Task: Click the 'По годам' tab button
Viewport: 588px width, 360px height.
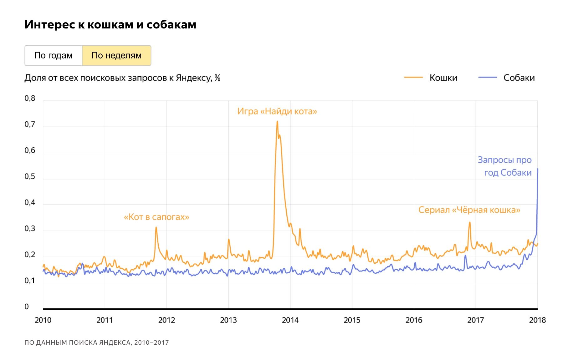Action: pyautogui.click(x=53, y=55)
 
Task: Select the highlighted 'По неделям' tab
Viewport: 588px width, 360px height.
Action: pyautogui.click(x=116, y=55)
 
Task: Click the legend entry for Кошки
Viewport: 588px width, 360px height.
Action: pyautogui.click(x=443, y=78)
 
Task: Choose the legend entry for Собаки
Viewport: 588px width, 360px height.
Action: pyautogui.click(x=519, y=78)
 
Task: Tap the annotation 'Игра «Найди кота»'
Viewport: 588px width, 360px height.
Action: pyautogui.click(x=277, y=111)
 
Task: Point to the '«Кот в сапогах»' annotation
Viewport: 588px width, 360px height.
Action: pyautogui.click(x=156, y=217)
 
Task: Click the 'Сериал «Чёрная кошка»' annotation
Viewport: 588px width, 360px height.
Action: pyautogui.click(x=469, y=210)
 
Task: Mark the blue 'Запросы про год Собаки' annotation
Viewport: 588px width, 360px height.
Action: pyautogui.click(x=504, y=166)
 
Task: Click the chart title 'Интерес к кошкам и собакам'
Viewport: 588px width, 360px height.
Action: pyautogui.click(x=110, y=24)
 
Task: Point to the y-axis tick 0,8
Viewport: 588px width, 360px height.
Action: pyautogui.click(x=30, y=99)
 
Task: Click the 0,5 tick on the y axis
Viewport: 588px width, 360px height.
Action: pyautogui.click(x=30, y=177)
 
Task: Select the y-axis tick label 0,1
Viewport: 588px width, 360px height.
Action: pyautogui.click(x=30, y=281)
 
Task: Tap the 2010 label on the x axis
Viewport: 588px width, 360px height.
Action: pyautogui.click(x=43, y=320)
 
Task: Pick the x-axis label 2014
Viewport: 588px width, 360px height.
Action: pyautogui.click(x=290, y=320)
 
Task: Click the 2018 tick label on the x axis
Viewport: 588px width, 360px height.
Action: pyautogui.click(x=537, y=320)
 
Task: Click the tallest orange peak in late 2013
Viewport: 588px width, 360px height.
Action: pyautogui.click(x=277, y=122)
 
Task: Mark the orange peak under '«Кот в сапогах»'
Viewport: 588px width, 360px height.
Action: pyautogui.click(x=156, y=227)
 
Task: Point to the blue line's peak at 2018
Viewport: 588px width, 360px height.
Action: pyautogui.click(x=538, y=169)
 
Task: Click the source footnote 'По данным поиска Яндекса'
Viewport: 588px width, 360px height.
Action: pyautogui.click(x=96, y=342)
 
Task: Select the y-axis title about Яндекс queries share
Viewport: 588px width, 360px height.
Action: pyautogui.click(x=122, y=78)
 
